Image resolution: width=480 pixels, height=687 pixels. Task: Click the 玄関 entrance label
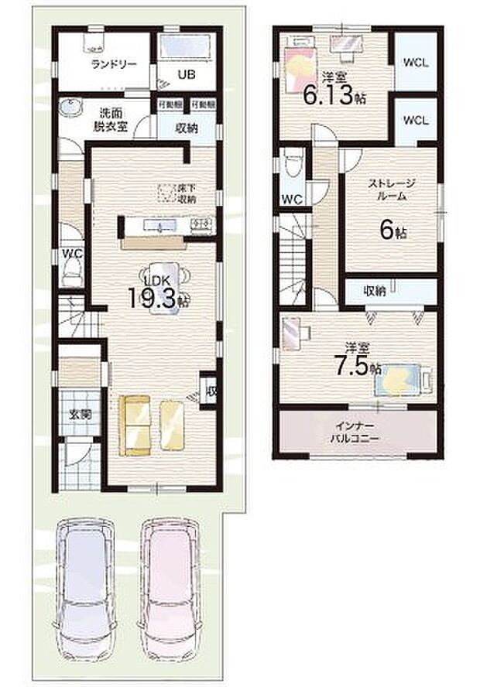pos(81,414)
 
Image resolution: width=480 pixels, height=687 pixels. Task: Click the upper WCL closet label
pos(416,62)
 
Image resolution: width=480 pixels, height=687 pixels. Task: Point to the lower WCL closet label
pos(416,121)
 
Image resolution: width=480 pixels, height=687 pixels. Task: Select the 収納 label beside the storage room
pos(375,291)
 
